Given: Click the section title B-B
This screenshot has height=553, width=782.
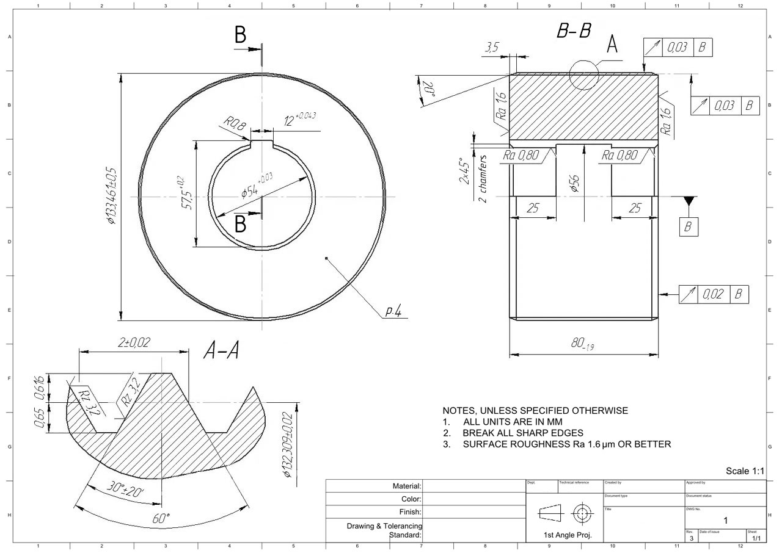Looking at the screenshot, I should click(x=574, y=32).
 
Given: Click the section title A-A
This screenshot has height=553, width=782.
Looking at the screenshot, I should click(x=221, y=350).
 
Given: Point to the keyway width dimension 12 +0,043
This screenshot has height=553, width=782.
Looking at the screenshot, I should click(x=299, y=119).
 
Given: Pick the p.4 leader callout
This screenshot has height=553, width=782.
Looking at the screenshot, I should click(x=393, y=312).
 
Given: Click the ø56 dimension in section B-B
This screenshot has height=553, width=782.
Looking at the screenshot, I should click(x=574, y=183).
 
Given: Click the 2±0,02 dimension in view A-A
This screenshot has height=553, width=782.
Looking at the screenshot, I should click(x=133, y=343).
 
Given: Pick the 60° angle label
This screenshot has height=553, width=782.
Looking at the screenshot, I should click(x=161, y=519).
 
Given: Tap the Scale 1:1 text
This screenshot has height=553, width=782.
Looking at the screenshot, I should click(x=745, y=471).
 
